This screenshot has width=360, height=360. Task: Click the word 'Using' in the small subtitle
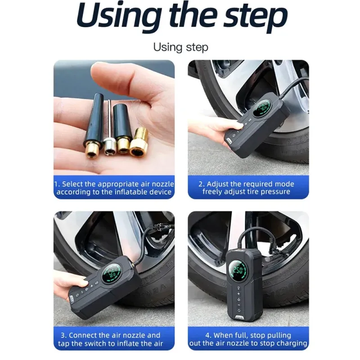[x=168, y=48]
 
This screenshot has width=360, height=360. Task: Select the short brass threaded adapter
[x=139, y=142]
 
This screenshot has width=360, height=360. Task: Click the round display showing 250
[x=238, y=270]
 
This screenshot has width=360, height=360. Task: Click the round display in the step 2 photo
[x=262, y=108]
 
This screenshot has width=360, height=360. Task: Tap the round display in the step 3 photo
[x=112, y=274]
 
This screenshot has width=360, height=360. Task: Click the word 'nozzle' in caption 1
[x=163, y=184]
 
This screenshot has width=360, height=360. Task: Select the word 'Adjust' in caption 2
[x=217, y=184]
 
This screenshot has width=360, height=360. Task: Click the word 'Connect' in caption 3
[x=83, y=335]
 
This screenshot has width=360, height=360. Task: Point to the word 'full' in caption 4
[x=243, y=335]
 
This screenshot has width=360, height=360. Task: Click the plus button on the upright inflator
[x=239, y=294]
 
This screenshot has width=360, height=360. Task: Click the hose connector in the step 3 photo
[x=159, y=228]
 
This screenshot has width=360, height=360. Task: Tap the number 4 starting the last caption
[x=208, y=335]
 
